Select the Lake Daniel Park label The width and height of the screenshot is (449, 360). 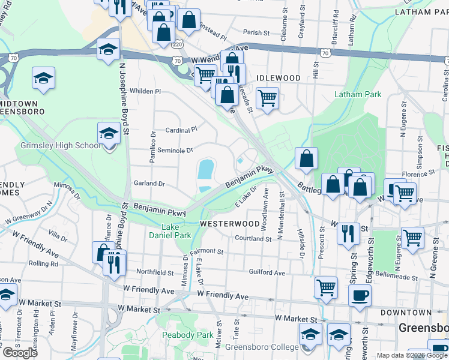170,231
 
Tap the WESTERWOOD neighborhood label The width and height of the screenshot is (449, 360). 229,223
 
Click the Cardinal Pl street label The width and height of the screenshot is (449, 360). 181,130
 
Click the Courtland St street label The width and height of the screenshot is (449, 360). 254,238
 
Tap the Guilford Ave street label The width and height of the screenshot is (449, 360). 267,272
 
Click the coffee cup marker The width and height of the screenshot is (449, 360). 360,295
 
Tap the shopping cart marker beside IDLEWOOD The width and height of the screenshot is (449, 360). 267,96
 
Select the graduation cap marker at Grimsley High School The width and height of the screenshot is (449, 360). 109,132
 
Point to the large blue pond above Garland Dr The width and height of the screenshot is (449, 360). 205,169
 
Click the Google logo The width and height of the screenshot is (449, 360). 20,352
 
